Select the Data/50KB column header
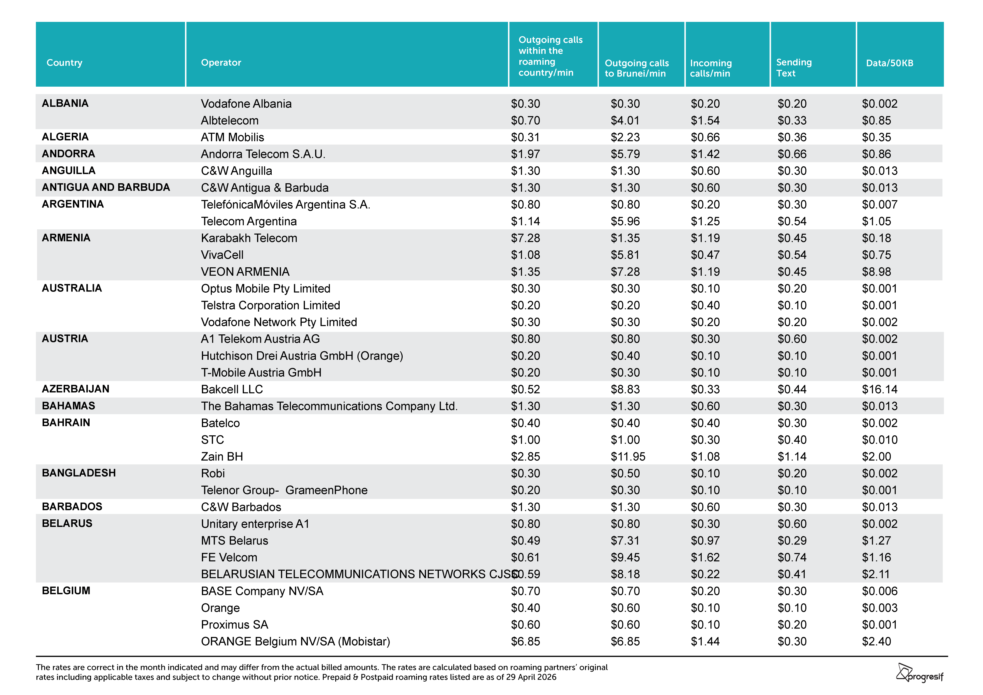(x=889, y=63)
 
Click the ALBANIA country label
(x=65, y=103)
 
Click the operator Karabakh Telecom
(x=249, y=238)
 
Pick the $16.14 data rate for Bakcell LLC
(x=879, y=389)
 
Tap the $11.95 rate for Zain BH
(x=628, y=457)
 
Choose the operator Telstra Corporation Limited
(x=270, y=305)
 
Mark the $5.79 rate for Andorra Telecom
(x=625, y=154)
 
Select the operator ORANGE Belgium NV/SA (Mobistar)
(x=295, y=642)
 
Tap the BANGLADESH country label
(x=79, y=473)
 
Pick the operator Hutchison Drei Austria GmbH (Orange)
(x=302, y=356)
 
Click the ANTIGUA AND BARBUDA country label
(x=106, y=187)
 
